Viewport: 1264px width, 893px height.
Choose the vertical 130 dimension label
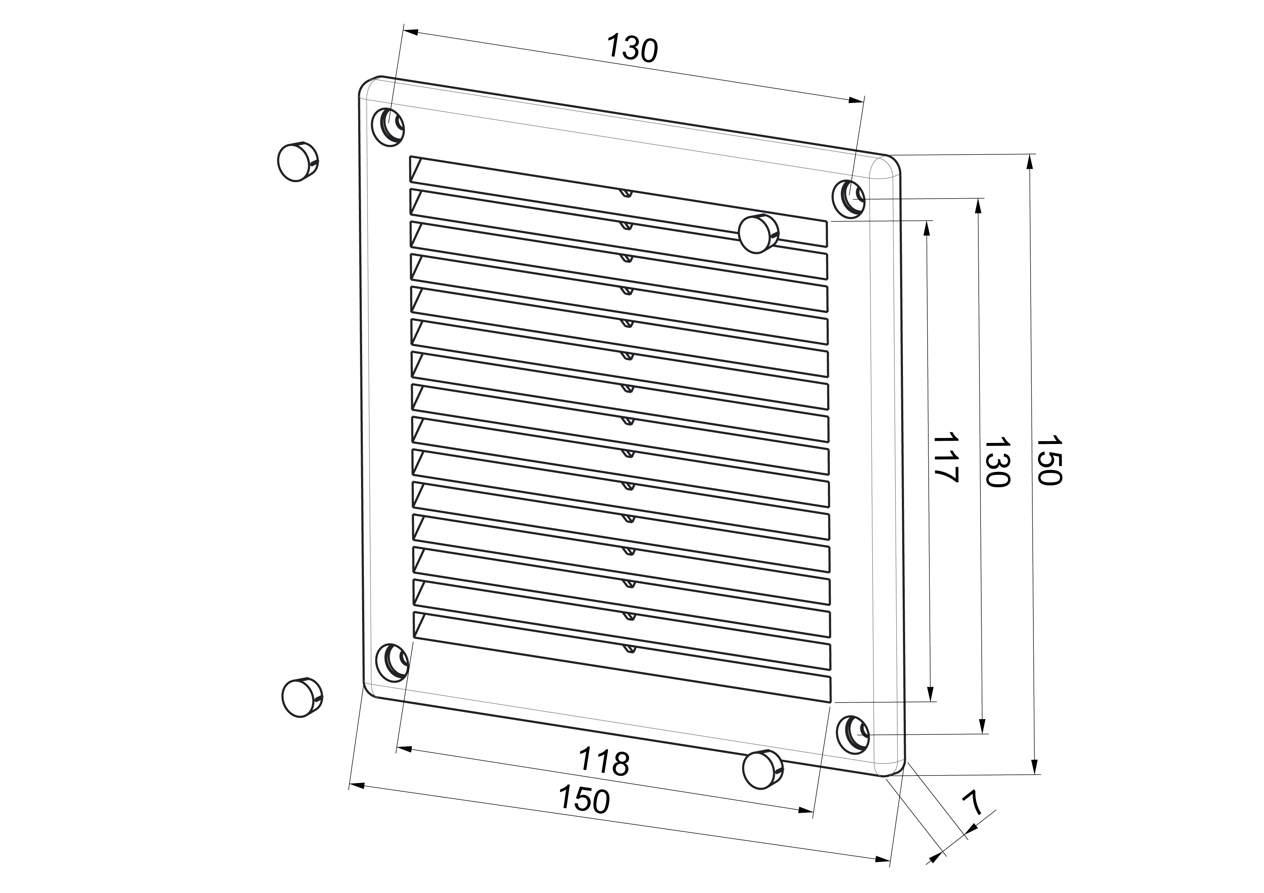(x=997, y=462)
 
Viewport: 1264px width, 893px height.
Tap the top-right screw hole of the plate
(x=848, y=198)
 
